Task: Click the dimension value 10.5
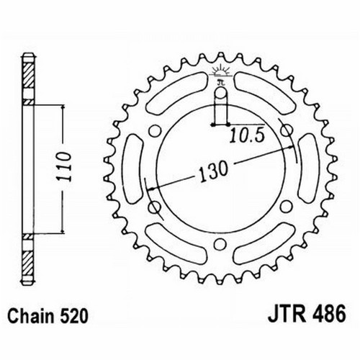(247, 136)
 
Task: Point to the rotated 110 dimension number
(64, 166)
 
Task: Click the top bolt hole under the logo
(220, 94)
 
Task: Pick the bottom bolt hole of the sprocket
(220, 244)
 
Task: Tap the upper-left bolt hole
(155, 131)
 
